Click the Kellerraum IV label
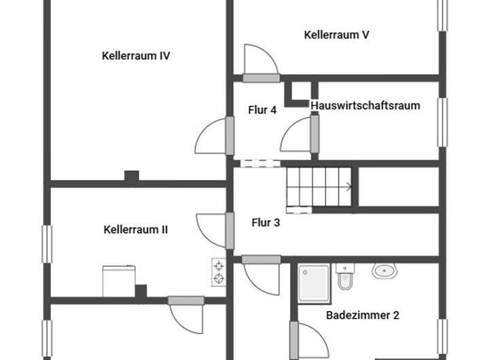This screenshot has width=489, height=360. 136,56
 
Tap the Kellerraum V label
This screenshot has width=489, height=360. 337,35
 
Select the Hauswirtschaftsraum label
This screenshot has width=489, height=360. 365,105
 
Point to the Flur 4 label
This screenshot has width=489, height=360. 262,109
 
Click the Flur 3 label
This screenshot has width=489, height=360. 266,222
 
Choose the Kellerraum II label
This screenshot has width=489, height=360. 136,230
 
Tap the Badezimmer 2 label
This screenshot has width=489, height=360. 363,315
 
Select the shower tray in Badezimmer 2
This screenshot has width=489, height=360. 313,283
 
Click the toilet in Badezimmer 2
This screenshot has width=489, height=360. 346,276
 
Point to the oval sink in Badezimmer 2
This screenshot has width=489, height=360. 384,271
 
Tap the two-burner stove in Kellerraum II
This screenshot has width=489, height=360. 219,271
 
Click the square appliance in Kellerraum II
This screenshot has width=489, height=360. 119,281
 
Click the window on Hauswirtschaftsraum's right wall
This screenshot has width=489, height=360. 442,121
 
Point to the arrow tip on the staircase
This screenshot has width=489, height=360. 350,185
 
